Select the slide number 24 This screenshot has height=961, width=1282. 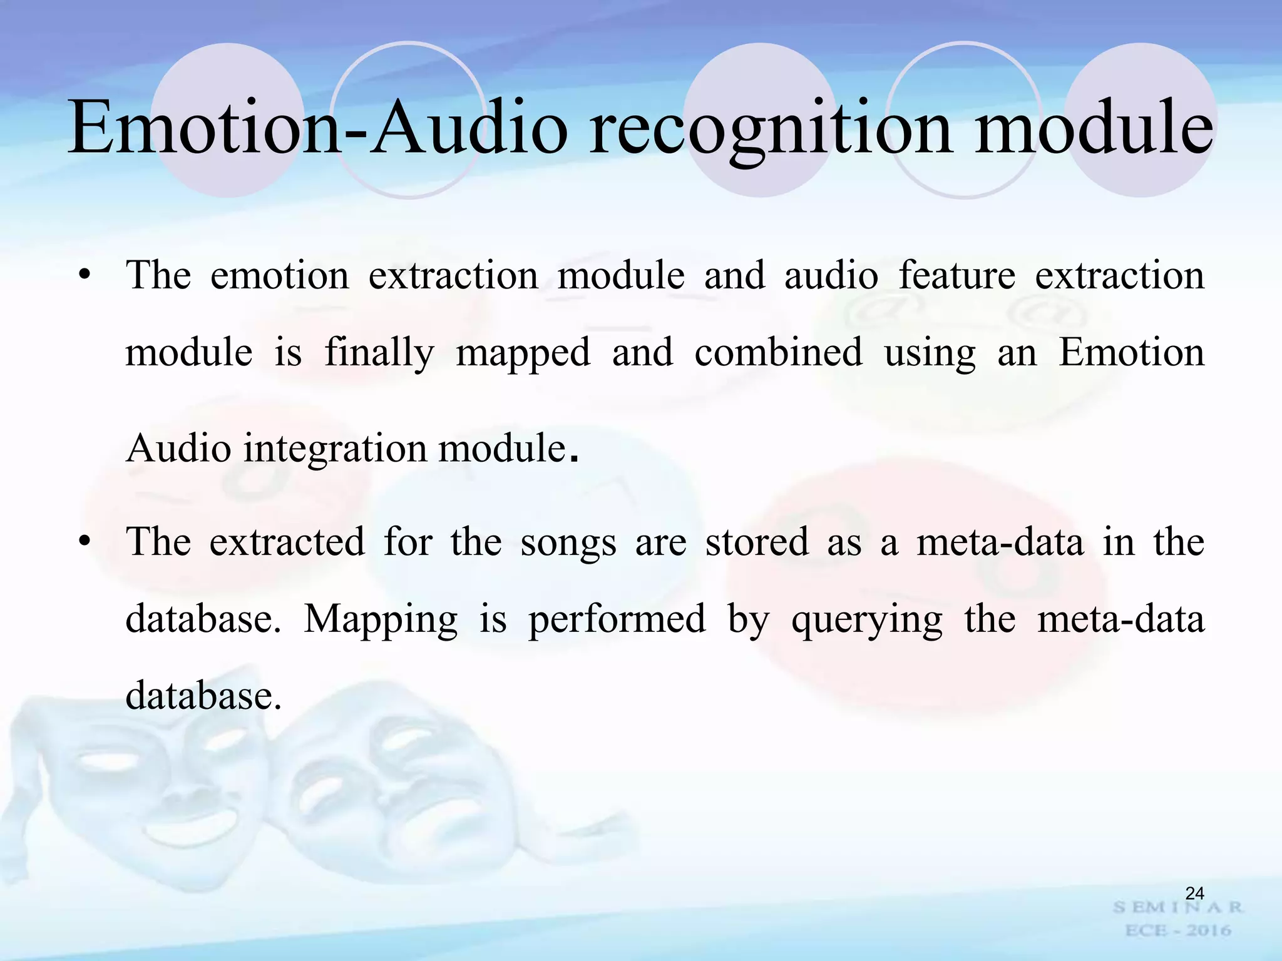pos(1194,893)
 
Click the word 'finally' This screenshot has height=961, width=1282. pos(379,353)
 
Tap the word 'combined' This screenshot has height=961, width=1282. pos(778,352)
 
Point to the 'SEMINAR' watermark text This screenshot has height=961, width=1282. pos(1177,907)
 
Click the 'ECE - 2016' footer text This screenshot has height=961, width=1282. pos(1177,930)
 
